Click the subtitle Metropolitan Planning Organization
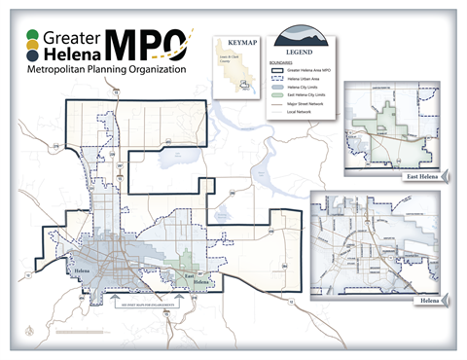[x=108, y=71]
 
